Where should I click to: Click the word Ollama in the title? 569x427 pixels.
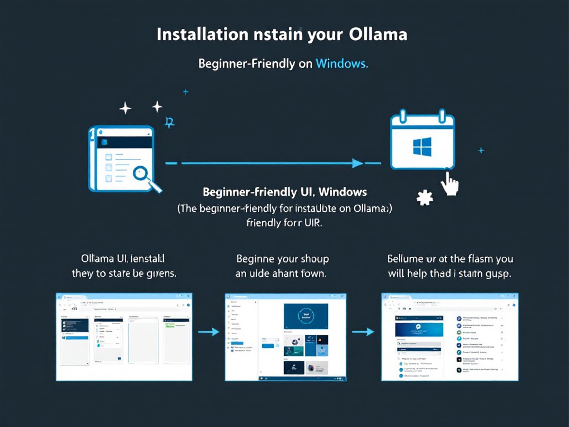pos(378,34)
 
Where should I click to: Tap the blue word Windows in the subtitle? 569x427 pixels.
pos(341,63)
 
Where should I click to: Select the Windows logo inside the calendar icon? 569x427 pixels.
pos(422,147)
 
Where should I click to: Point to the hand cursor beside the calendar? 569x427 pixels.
pos(450,183)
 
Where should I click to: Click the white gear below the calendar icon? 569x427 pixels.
pos(425,197)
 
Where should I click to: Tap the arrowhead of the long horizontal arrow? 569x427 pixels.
pos(357,163)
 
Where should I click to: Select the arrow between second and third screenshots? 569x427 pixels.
pos(363,332)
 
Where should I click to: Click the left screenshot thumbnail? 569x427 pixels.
pos(124,336)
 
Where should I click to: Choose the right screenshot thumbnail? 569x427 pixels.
pos(450,336)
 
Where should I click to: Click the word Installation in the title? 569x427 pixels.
pos(202,34)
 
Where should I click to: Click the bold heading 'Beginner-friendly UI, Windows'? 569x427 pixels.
pos(284,192)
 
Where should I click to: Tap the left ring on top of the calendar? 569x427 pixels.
pos(403,116)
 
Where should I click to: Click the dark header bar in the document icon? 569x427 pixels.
pos(124,142)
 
